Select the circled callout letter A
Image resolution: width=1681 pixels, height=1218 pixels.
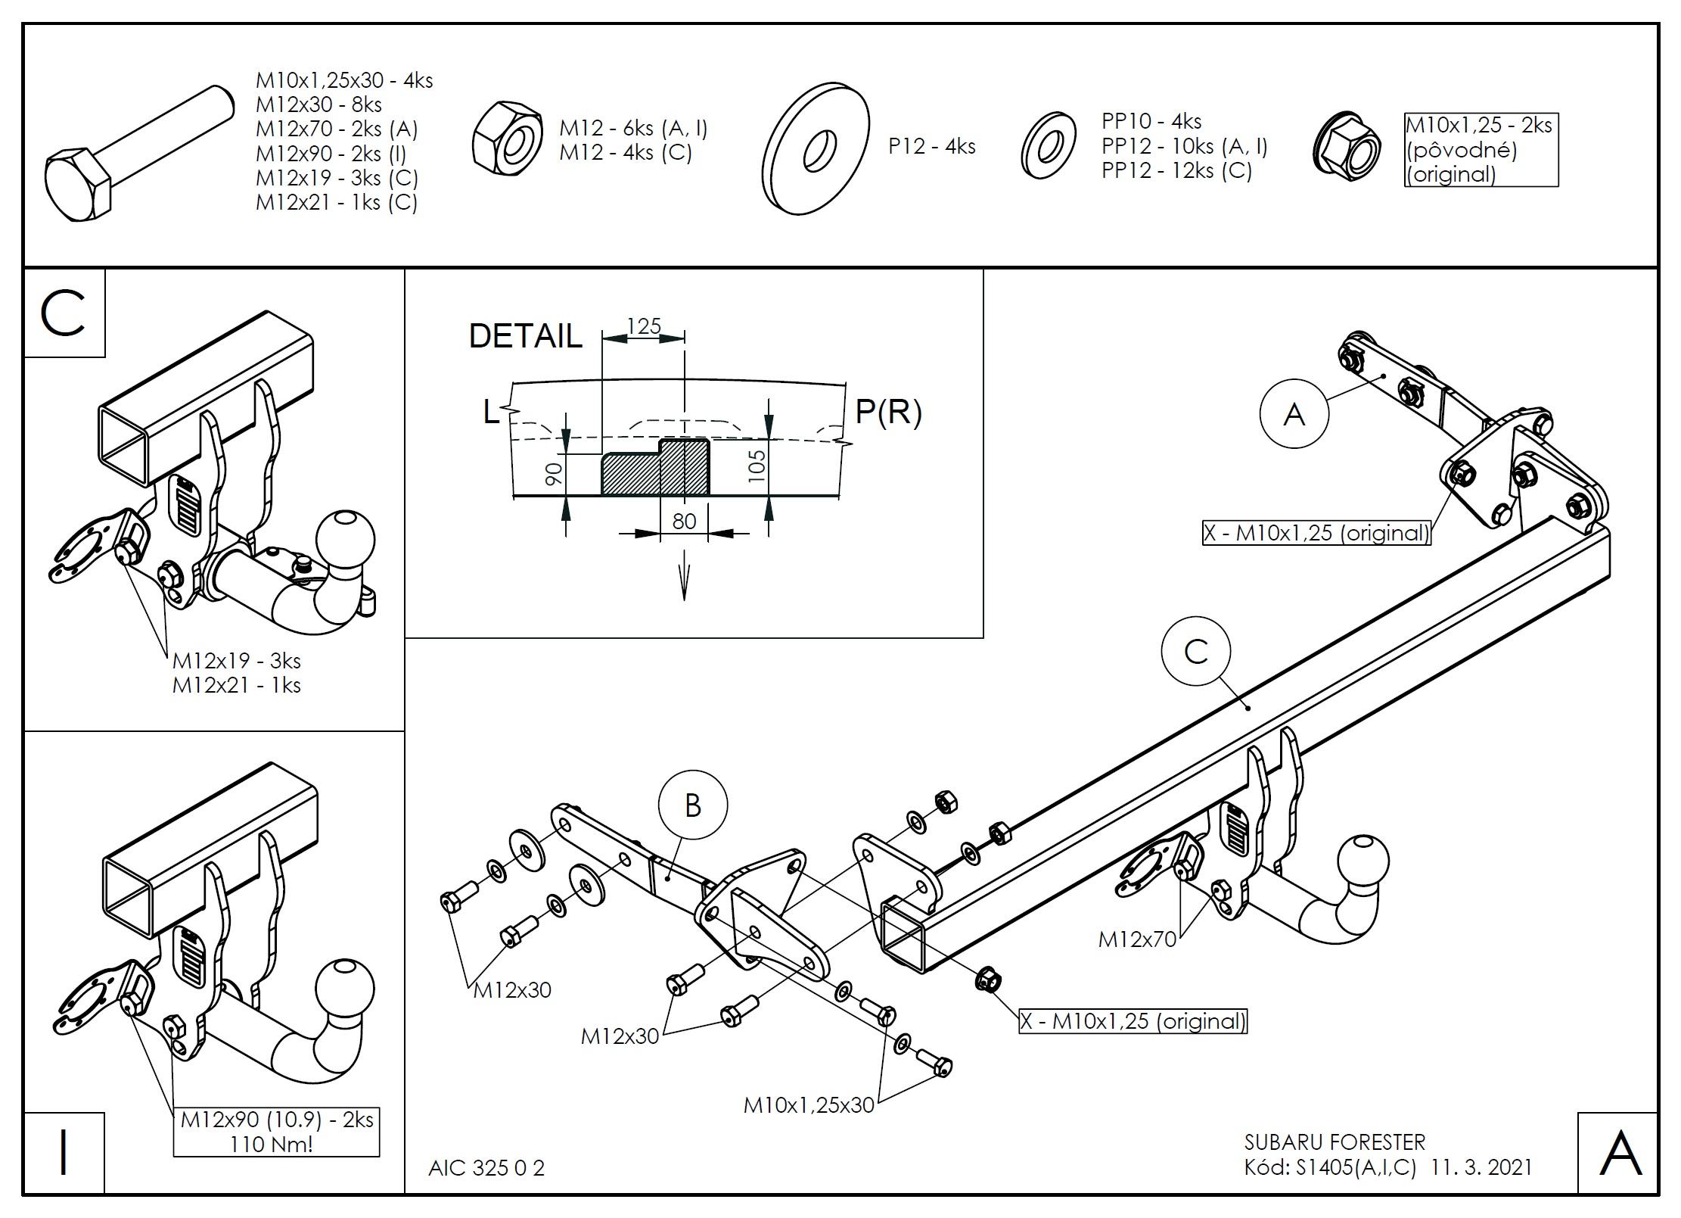coord(1294,414)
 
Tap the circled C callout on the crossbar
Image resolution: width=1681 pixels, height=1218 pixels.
coord(1196,651)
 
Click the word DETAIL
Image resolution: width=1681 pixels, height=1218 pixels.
coord(525,336)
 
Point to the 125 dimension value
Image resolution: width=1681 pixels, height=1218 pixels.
coord(644,326)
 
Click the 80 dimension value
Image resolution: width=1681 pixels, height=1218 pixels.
coord(684,522)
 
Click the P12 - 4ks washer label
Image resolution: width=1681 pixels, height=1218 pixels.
coord(931,146)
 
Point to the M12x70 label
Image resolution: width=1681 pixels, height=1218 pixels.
coord(1137,939)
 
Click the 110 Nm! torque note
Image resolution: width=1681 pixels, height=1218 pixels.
coord(271,1143)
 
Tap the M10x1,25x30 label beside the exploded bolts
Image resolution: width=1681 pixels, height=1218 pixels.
coord(808,1104)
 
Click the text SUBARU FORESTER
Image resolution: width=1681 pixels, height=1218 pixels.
coord(1335,1142)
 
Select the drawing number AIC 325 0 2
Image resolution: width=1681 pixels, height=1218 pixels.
coord(486,1168)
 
